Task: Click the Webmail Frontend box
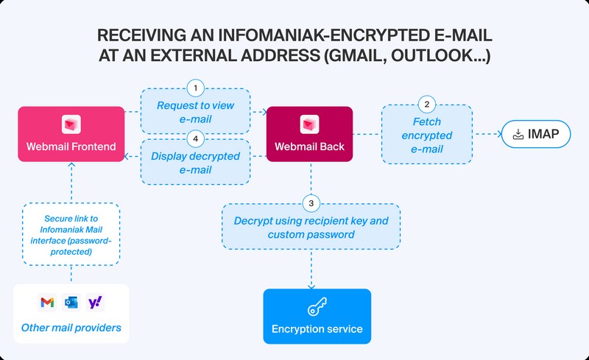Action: (x=71, y=134)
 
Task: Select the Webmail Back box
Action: (x=309, y=134)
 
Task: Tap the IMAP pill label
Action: (x=535, y=134)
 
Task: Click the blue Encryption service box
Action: (x=317, y=316)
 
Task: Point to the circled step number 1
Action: (x=195, y=88)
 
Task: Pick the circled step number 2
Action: (x=426, y=103)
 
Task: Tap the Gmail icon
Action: (x=47, y=302)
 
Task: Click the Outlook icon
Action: (x=71, y=302)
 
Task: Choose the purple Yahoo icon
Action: (x=95, y=302)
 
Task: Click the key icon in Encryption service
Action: (x=317, y=306)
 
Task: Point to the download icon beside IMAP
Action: (x=517, y=134)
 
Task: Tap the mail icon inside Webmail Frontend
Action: (x=71, y=122)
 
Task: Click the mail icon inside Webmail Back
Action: (x=309, y=122)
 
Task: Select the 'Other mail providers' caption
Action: (x=71, y=327)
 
